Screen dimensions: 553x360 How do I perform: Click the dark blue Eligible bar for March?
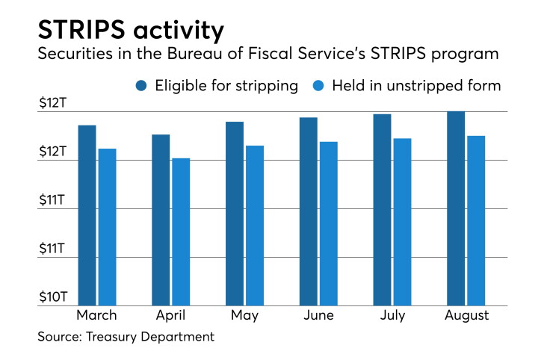coord(87,215)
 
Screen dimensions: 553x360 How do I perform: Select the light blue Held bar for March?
coord(107,227)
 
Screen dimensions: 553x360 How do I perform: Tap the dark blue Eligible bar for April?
coord(161,220)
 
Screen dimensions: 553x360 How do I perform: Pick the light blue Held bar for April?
coord(181,232)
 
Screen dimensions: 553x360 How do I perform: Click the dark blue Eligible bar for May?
coord(235,214)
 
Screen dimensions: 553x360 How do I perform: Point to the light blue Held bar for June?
coord(329,223)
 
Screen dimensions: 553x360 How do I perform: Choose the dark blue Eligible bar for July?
coord(383,210)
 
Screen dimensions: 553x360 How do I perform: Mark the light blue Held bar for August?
coord(476,221)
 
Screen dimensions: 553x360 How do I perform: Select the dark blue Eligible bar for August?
coord(456,208)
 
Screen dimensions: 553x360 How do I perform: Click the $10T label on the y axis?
coord(53,297)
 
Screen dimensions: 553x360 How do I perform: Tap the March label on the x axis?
coord(96,315)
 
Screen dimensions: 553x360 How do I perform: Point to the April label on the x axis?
coord(170,316)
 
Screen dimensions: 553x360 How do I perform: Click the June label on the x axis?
coord(318,315)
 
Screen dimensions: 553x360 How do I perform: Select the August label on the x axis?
coord(466,316)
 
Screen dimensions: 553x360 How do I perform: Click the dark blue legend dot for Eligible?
coord(141,86)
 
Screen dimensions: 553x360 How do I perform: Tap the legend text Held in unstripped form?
coord(416,86)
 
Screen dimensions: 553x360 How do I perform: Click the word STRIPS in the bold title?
coord(81,29)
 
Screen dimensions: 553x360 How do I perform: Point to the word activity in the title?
coord(179,31)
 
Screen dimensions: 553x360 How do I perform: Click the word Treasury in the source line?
coord(111,337)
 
